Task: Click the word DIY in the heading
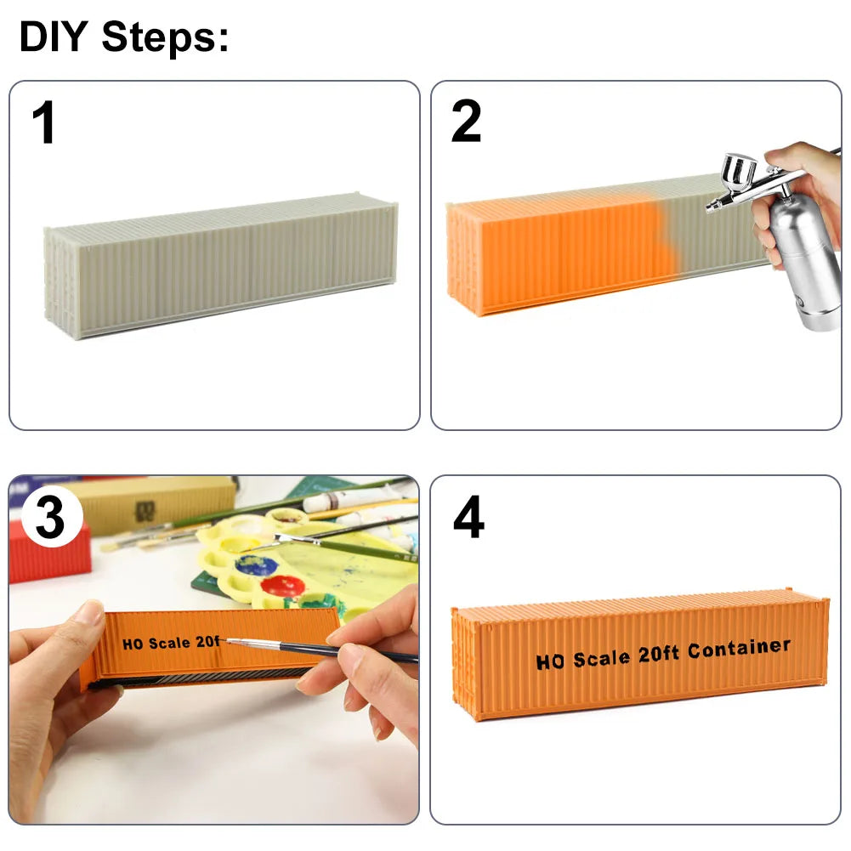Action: (x=54, y=37)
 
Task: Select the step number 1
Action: (x=44, y=122)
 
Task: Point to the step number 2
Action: (x=466, y=121)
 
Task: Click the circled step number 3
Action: (x=50, y=516)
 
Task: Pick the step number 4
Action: (x=468, y=516)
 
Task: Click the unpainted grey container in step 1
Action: (x=220, y=265)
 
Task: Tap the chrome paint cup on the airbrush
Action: (x=739, y=173)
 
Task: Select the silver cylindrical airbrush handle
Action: (x=803, y=260)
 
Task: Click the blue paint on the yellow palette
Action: (x=257, y=566)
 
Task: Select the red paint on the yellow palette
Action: (x=283, y=587)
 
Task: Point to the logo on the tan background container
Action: (x=145, y=512)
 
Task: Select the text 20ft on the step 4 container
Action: (x=658, y=655)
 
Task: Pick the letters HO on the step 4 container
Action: (x=551, y=661)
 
